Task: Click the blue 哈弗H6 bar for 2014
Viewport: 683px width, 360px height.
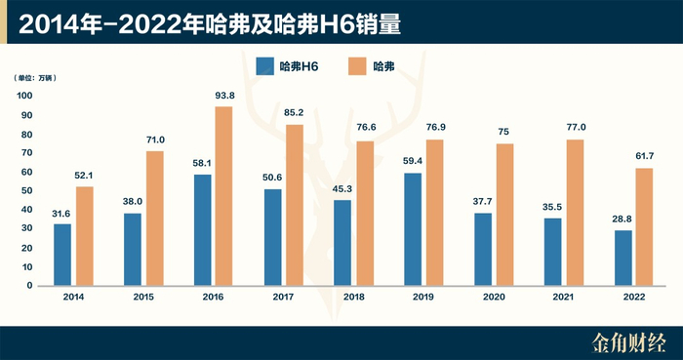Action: (62, 255)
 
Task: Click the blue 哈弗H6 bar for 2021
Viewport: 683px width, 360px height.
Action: (553, 252)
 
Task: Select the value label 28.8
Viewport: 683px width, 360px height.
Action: (623, 220)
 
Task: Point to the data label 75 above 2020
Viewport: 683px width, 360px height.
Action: (505, 132)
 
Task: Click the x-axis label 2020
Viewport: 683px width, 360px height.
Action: (494, 298)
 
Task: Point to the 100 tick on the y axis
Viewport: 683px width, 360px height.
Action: (25, 96)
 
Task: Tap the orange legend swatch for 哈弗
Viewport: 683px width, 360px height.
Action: (356, 66)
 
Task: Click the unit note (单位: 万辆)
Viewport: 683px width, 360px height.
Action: (35, 77)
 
